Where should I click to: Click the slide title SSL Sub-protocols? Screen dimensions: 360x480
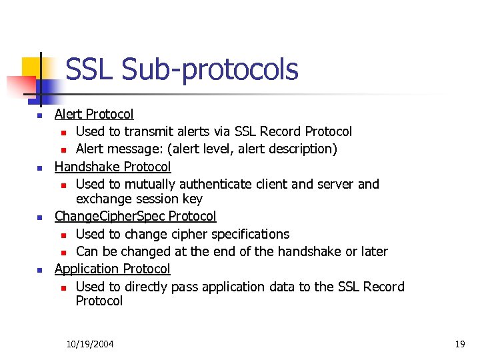pyautogui.click(x=182, y=69)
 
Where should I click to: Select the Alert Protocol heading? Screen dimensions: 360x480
pyautogui.click(x=94, y=115)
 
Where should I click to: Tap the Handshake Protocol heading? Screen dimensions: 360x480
pyautogui.click(x=113, y=167)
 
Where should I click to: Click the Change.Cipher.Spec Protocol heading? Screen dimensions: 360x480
pyautogui.click(x=135, y=216)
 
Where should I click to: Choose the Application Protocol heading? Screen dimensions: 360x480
pyautogui.click(x=112, y=269)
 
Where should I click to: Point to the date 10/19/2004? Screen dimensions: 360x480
pyautogui.click(x=90, y=344)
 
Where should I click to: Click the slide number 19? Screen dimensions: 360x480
pyautogui.click(x=459, y=344)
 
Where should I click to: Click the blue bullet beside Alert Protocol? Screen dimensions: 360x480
pyautogui.click(x=39, y=115)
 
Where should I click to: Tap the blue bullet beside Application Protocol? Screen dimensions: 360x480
pyautogui.click(x=39, y=270)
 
